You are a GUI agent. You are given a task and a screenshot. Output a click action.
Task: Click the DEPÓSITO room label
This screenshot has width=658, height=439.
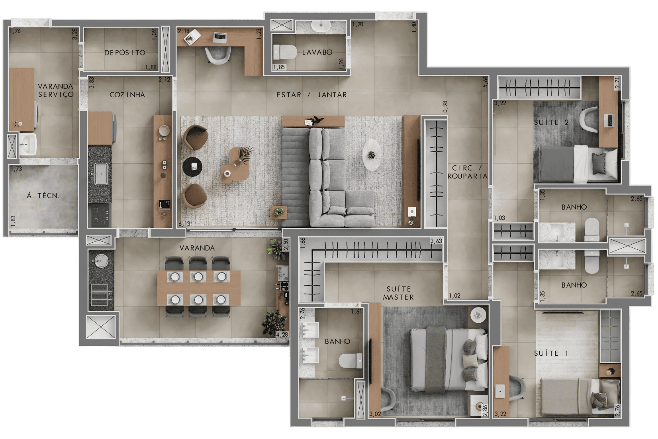click(x=125, y=53)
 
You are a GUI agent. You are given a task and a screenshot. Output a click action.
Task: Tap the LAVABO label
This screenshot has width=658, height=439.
click(x=317, y=52)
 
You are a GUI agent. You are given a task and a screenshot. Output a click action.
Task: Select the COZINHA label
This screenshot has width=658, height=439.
click(x=127, y=95)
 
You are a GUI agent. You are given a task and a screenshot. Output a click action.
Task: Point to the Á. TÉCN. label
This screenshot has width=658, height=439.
click(x=43, y=196)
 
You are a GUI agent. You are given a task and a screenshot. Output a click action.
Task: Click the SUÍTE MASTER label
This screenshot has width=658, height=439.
click(x=399, y=293)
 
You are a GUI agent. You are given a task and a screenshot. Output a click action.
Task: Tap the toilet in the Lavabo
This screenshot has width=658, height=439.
click(x=285, y=52)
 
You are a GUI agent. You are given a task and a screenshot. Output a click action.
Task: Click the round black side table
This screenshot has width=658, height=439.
click(x=192, y=167)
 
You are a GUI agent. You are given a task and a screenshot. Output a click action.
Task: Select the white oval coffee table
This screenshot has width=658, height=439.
click(x=372, y=155)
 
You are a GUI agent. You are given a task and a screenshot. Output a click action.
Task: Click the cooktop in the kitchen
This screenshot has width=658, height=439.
click(x=100, y=215)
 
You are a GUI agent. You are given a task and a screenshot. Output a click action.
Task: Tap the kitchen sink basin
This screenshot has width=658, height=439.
click(x=101, y=174)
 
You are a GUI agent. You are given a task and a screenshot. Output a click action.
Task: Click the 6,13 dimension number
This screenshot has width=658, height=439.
click(x=184, y=224)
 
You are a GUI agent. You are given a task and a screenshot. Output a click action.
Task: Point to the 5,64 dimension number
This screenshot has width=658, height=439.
click(x=485, y=82)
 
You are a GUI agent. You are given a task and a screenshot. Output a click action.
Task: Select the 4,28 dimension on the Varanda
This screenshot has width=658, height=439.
click(x=282, y=334)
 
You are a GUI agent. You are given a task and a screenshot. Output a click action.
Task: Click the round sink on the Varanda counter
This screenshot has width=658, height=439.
click(x=100, y=261)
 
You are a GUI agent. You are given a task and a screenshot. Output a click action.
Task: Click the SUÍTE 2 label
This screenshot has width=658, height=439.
click(x=551, y=123)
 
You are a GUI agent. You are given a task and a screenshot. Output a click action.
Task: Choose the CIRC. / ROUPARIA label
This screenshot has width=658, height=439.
click(x=467, y=172)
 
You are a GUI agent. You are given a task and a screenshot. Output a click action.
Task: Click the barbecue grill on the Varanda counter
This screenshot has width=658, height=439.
click(x=99, y=294)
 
